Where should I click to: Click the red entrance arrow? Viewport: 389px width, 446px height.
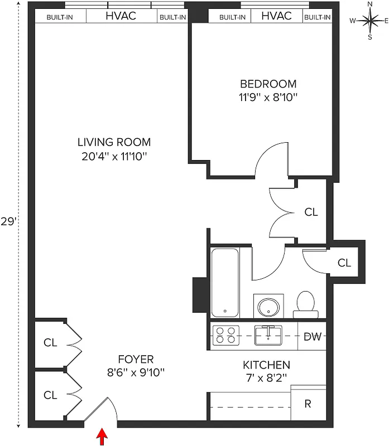pos(102,435)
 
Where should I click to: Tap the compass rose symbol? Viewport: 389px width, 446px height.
pos(369,21)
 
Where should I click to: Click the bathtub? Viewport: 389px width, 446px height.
pos(225,282)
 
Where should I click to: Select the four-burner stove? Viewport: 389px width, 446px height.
pos(226,335)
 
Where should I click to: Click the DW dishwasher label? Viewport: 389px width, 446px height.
pos(311,336)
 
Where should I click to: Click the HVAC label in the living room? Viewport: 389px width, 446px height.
pos(121,16)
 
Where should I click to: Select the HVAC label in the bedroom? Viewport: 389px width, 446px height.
pos(276,16)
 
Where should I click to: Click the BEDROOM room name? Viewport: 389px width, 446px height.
pos(268,84)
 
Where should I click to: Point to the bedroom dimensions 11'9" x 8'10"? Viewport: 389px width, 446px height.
pos(268,97)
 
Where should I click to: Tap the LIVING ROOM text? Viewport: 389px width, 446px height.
pos(114,142)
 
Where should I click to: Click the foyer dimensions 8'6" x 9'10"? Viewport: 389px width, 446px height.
pos(136,372)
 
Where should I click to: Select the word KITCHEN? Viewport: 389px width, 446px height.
pos(266,365)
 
